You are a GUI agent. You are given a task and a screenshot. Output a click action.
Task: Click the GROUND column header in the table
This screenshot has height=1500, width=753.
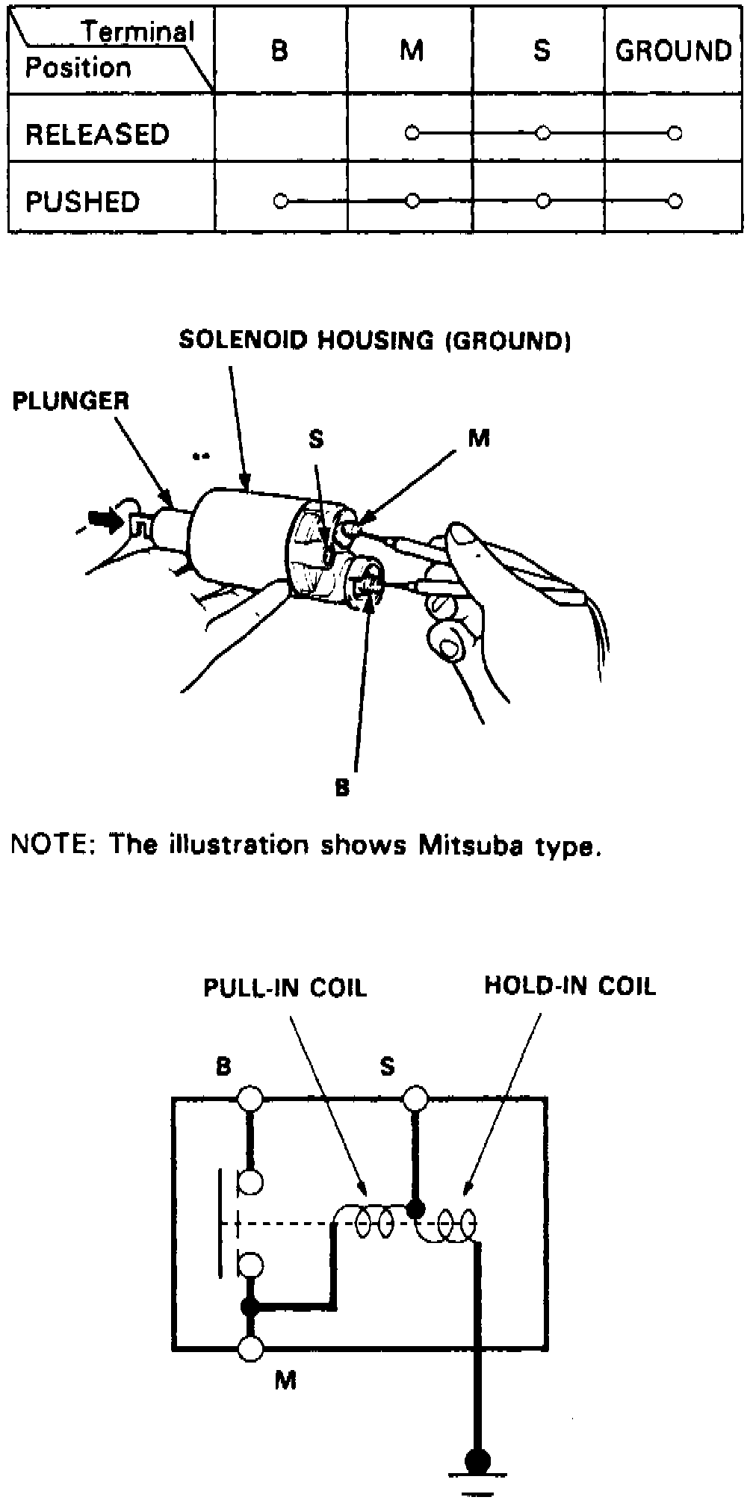[673, 51]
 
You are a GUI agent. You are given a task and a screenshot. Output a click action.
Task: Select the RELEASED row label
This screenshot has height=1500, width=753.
[97, 134]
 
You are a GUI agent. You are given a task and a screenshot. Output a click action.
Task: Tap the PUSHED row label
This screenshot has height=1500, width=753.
[82, 202]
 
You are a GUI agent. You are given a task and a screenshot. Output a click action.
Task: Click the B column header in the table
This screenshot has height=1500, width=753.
[279, 51]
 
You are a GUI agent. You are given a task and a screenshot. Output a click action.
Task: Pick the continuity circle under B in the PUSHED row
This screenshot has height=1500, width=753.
[280, 201]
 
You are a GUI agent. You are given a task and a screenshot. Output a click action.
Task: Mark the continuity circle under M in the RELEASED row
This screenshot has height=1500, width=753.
[411, 134]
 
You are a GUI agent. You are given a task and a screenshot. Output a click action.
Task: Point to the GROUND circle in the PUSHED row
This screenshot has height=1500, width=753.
[675, 201]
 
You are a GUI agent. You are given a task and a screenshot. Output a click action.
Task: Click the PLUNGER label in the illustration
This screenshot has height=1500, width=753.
[71, 401]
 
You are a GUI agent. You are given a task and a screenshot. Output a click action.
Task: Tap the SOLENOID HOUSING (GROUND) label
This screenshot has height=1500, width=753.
[375, 341]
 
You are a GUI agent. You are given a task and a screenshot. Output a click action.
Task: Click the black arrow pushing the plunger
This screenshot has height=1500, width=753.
[105, 520]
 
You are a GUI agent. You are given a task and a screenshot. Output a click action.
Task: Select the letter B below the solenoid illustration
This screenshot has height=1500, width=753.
[342, 788]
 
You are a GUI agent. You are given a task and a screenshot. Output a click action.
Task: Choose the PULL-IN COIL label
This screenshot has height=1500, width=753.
[285, 988]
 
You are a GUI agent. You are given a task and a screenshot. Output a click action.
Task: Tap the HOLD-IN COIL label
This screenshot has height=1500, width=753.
[570, 985]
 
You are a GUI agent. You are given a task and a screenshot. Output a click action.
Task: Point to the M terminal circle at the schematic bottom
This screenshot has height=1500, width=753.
[250, 1347]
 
